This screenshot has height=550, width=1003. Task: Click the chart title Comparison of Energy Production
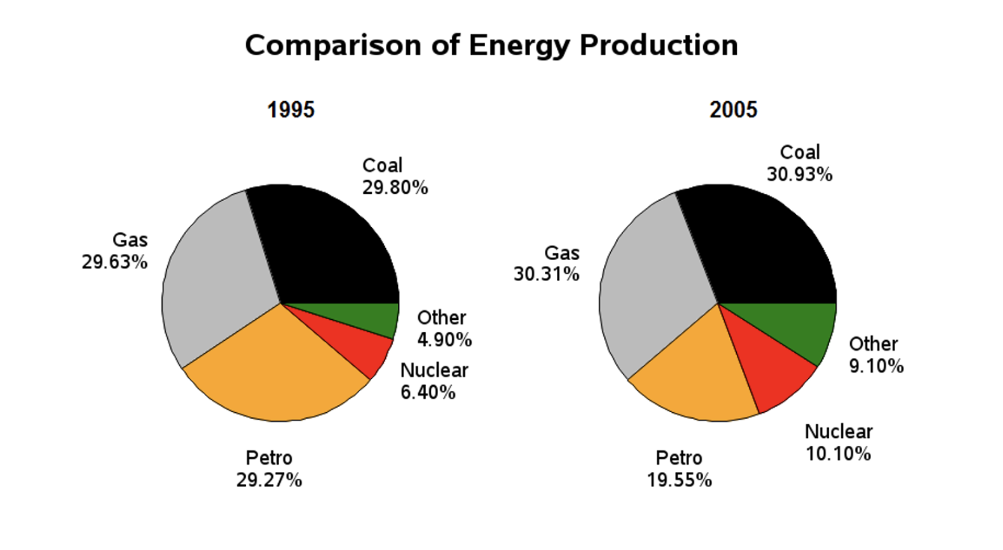click(x=491, y=46)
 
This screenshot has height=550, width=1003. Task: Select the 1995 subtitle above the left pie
click(x=291, y=110)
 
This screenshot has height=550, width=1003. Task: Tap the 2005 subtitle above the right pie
click(x=733, y=110)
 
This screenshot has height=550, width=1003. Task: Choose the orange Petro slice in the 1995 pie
click(x=277, y=367)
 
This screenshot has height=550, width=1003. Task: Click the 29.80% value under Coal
click(x=395, y=187)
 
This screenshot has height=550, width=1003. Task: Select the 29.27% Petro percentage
click(x=269, y=480)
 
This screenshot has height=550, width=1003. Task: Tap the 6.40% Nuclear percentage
click(x=427, y=392)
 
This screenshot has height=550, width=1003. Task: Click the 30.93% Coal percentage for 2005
click(x=799, y=175)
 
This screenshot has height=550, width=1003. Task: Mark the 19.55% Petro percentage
click(x=679, y=480)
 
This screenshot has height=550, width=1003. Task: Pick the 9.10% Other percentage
click(x=876, y=366)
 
